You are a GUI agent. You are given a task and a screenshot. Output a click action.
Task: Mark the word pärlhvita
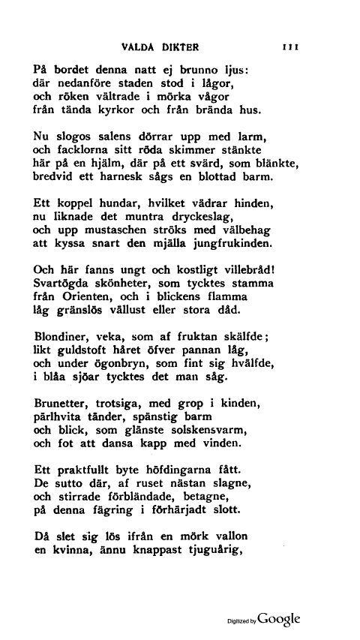pyautogui.click(x=65, y=417)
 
